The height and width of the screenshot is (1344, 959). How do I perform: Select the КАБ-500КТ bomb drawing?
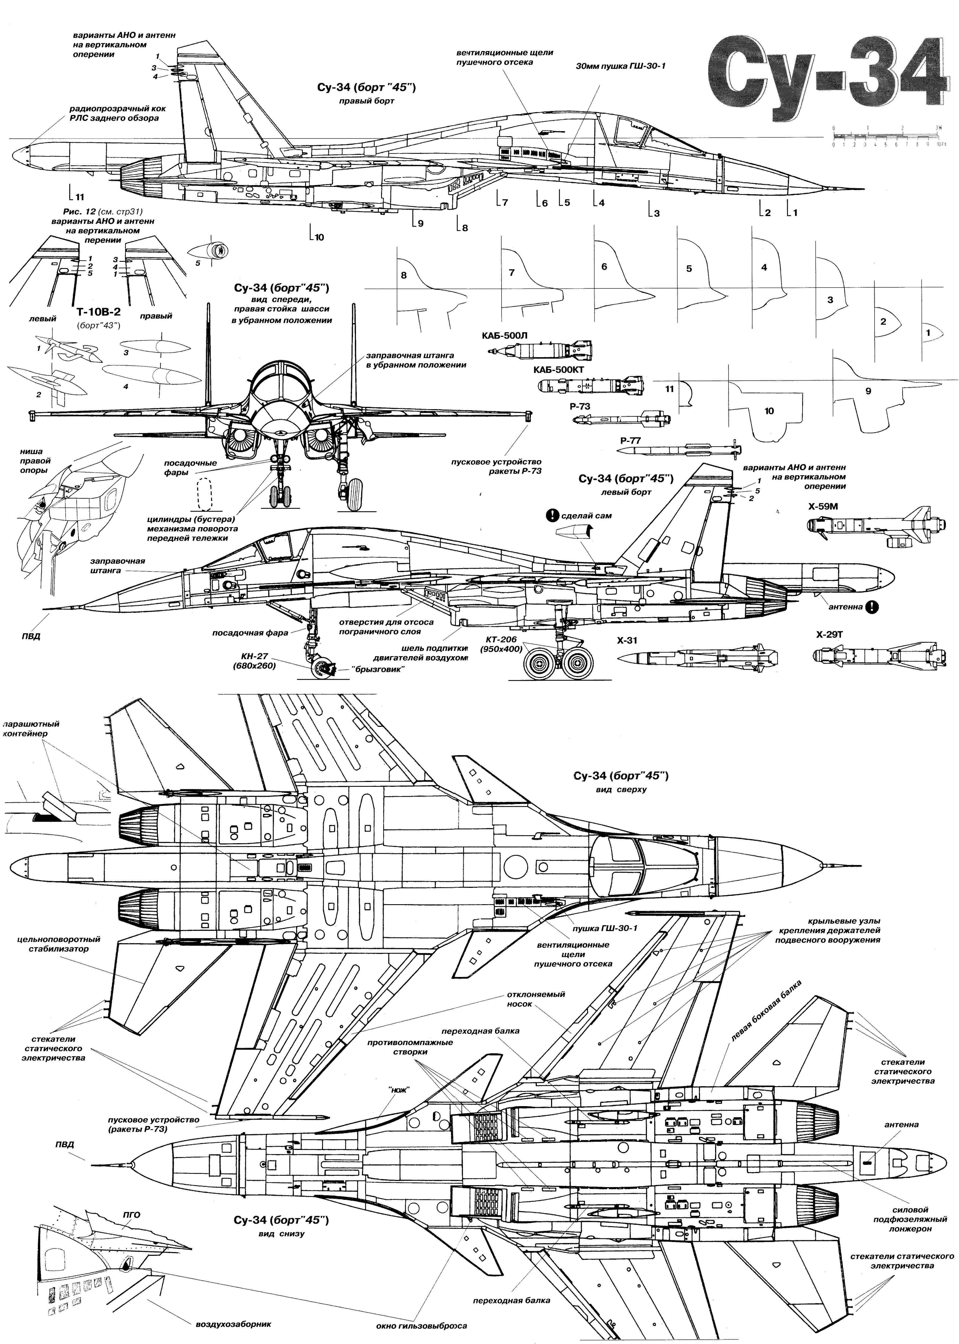coord(591,385)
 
